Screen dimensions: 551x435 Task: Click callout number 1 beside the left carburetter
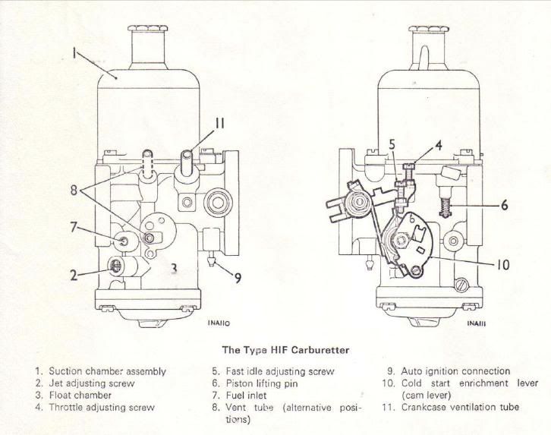[74, 53]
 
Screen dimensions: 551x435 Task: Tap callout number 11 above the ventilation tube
[220, 123]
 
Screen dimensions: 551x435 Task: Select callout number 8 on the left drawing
[74, 190]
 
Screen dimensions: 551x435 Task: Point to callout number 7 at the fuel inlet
[73, 227]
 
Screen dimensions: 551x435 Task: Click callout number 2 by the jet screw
[73, 275]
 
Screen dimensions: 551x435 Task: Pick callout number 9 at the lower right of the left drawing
[238, 278]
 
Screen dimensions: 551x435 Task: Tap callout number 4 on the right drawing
[439, 145]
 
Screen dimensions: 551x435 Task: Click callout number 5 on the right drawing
[392, 144]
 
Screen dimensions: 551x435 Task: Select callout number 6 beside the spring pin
[504, 205]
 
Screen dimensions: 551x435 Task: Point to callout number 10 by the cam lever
[503, 265]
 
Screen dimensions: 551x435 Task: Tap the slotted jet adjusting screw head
[115, 266]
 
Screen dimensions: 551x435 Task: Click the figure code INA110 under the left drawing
[219, 323]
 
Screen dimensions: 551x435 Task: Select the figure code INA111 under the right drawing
[477, 323]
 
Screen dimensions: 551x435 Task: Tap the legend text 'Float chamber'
[80, 396]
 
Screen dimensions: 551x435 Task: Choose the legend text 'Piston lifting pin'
[262, 383]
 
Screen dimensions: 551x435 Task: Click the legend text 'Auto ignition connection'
[455, 371]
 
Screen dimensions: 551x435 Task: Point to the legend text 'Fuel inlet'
[247, 396]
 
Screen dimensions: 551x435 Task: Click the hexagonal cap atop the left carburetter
[147, 28]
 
